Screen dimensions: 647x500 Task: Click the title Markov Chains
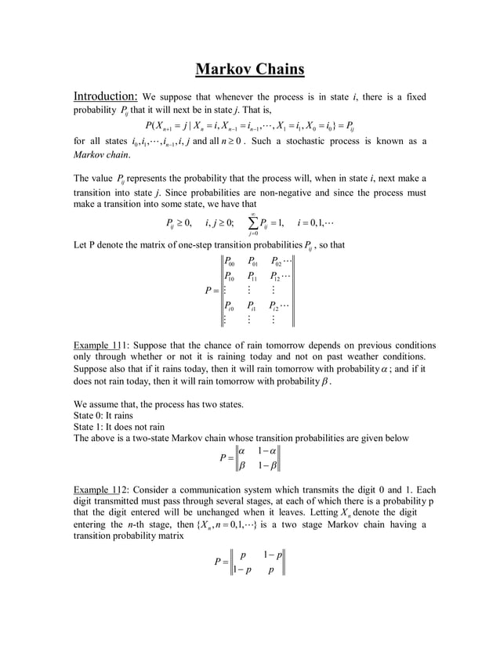pos(249,70)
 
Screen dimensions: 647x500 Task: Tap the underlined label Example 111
pos(104,345)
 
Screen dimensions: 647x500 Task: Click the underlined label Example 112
pos(104,490)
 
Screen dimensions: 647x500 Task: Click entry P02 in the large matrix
pos(276,262)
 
